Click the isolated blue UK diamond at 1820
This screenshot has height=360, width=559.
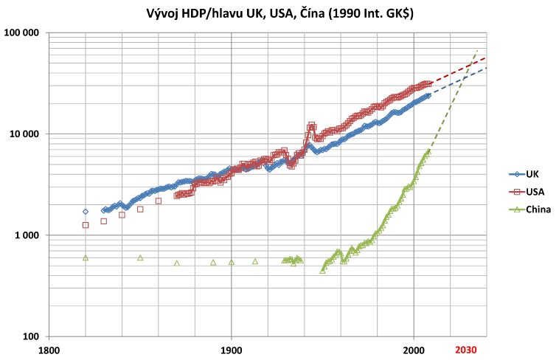click(86, 212)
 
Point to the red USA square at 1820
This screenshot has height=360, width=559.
click(86, 225)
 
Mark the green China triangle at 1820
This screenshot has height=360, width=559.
click(86, 257)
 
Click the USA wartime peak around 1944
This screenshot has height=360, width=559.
click(312, 125)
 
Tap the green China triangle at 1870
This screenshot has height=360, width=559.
click(177, 263)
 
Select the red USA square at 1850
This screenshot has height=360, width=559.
click(140, 210)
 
